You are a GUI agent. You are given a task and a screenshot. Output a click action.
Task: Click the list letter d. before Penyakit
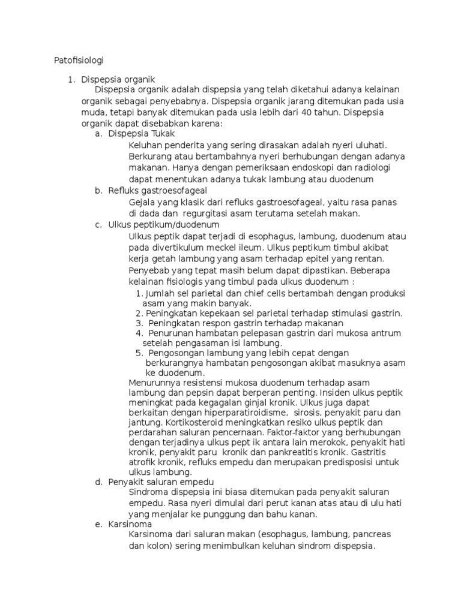tap(98, 482)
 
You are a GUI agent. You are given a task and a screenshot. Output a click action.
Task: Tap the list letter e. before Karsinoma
tap(98, 524)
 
